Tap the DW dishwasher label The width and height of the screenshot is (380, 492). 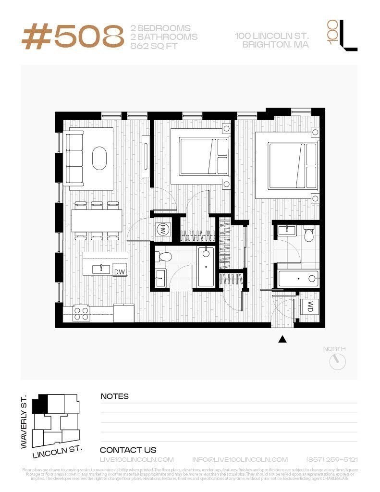pyautogui.click(x=119, y=272)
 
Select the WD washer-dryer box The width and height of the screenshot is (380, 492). pyautogui.click(x=310, y=306)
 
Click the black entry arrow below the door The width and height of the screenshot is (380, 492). pyautogui.click(x=282, y=339)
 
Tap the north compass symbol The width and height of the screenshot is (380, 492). pyautogui.click(x=338, y=362)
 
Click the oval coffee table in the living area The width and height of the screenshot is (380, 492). pyautogui.click(x=100, y=158)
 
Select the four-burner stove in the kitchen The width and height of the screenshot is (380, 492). pyautogui.click(x=81, y=314)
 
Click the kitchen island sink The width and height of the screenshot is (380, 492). pyautogui.click(x=101, y=268)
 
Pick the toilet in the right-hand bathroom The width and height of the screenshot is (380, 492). pyautogui.click(x=309, y=233)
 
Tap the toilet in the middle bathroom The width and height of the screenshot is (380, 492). pyautogui.click(x=163, y=256)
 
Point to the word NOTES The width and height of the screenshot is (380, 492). pyautogui.click(x=114, y=396)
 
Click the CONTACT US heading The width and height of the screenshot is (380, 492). pyautogui.click(x=128, y=450)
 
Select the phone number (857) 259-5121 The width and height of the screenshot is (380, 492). pyautogui.click(x=332, y=460)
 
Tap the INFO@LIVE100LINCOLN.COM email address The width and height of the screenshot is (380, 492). pyautogui.click(x=240, y=460)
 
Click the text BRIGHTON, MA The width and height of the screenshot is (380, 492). pyautogui.click(x=275, y=45)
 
